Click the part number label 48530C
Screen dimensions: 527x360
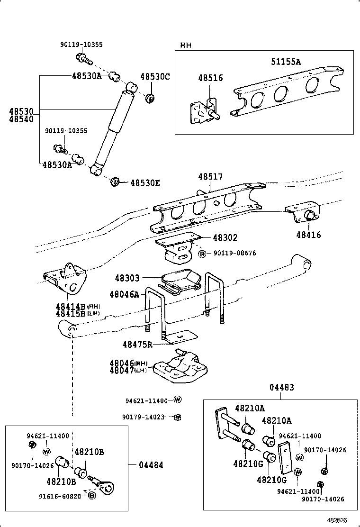point(154,77)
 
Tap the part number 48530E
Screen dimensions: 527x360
point(145,182)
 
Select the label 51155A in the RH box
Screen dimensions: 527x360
point(286,62)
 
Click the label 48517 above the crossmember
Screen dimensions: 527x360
point(210,177)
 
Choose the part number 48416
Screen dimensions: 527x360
point(308,235)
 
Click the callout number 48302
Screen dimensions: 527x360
point(225,238)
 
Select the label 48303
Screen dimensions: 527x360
point(127,278)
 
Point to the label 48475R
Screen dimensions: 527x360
point(137,345)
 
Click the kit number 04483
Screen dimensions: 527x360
point(282,387)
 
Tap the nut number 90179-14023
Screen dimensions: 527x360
point(143,417)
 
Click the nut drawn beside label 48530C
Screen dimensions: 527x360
point(150,98)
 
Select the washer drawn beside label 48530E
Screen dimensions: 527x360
point(115,182)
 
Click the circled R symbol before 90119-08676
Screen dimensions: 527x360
point(202,254)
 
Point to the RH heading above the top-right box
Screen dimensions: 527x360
point(185,45)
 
